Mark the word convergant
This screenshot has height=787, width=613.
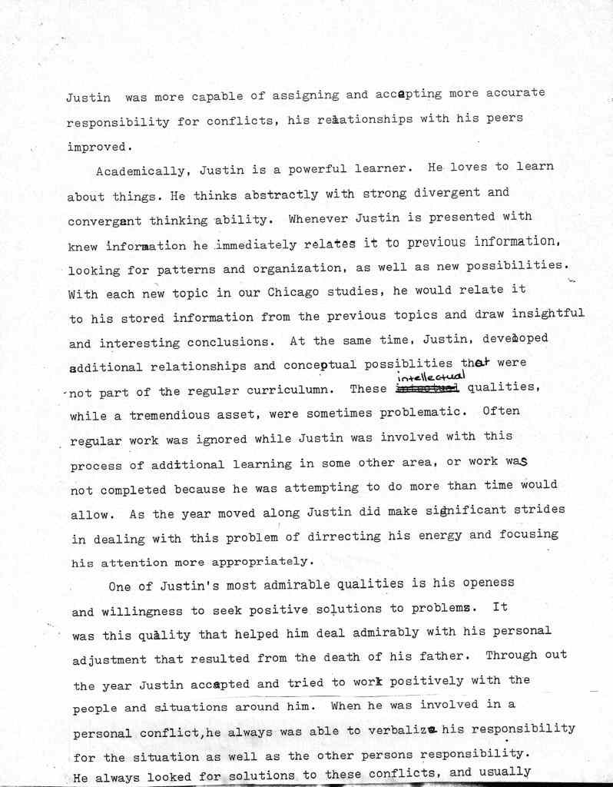(104, 221)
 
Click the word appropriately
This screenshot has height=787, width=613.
(253, 560)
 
